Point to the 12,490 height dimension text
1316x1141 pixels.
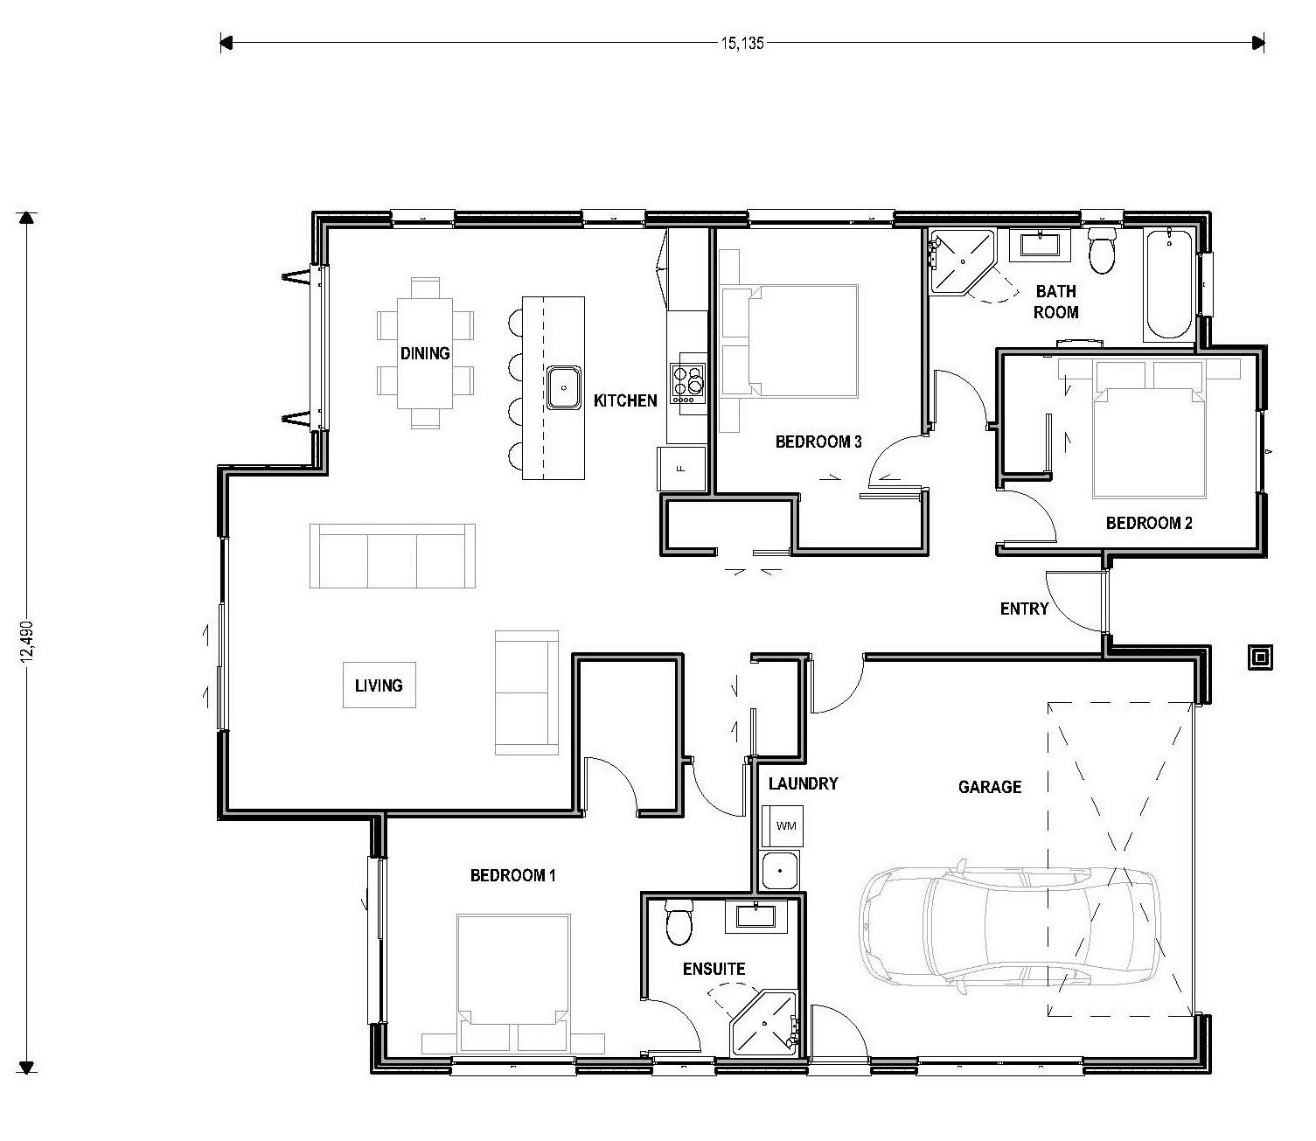pos(28,643)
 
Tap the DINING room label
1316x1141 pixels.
pos(425,353)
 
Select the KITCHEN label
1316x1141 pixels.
pos(624,401)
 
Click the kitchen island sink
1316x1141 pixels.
pos(564,387)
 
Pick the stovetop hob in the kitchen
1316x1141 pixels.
pos(687,383)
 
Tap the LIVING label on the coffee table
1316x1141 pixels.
pos(379,685)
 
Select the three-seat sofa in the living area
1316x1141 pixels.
pos(393,556)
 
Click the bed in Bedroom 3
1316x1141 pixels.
pos(789,340)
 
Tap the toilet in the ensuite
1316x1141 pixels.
pos(679,922)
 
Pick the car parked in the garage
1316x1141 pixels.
pos(1010,927)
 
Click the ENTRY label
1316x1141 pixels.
pos(1024,609)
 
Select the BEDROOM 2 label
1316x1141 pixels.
pos(1149,524)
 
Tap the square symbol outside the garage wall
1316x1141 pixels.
pos(1260,657)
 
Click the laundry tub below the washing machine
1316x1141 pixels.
pos(779,871)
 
